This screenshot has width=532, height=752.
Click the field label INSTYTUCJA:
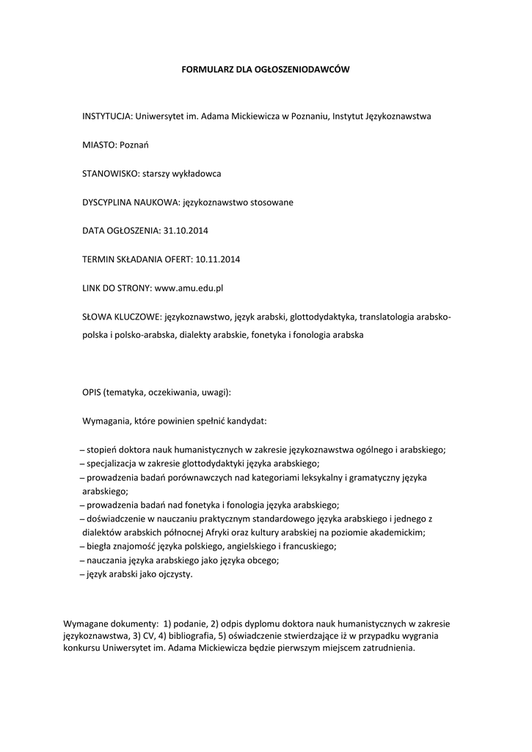click(107, 116)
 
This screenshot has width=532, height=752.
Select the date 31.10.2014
click(186, 231)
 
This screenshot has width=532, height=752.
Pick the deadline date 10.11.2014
click(219, 259)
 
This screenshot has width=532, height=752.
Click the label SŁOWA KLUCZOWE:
click(121, 317)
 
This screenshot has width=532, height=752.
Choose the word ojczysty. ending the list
click(173, 574)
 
